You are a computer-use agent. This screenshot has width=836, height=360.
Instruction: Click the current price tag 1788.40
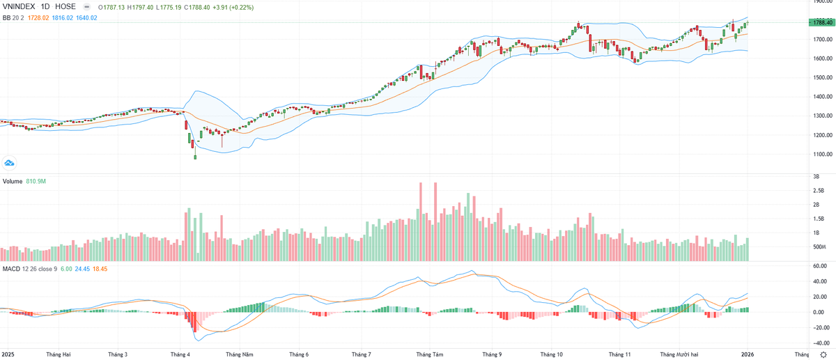coord(822,22)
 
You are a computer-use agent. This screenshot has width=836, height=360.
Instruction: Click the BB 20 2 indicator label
coord(13,17)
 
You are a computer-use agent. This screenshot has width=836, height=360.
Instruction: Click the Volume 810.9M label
coord(24,181)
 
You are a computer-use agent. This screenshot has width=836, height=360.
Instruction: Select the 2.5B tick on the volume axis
coord(819,190)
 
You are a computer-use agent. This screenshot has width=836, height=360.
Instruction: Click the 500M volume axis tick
coord(819,247)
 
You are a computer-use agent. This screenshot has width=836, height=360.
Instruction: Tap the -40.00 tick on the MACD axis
coord(821,343)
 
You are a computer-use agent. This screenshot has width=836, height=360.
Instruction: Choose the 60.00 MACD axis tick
coord(821,266)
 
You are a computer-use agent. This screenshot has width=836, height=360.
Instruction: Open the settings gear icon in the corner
coord(823,354)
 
